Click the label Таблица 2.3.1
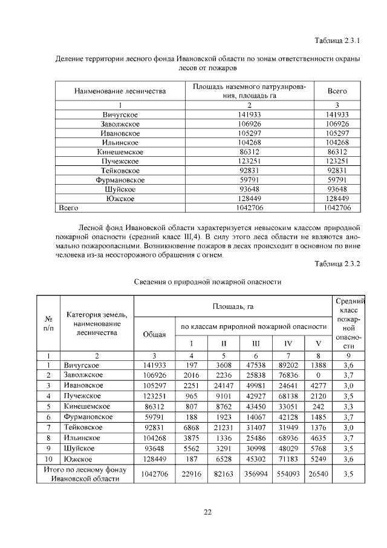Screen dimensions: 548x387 coord(337,42)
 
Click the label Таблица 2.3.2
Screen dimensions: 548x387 coord(337,263)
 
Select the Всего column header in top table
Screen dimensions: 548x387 coord(337,91)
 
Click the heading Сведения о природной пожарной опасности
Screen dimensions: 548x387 coord(207,282)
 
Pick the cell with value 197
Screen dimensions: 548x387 coord(192,365)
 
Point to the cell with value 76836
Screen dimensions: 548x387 coord(288,375)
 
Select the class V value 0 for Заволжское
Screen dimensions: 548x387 coord(318,375)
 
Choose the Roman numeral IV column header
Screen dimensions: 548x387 coord(288,343)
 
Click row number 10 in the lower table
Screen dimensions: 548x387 coord(48,459)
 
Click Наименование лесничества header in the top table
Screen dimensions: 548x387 coord(120,91)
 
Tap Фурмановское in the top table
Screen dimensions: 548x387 coord(120,180)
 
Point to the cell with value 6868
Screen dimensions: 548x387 coord(192,428)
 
